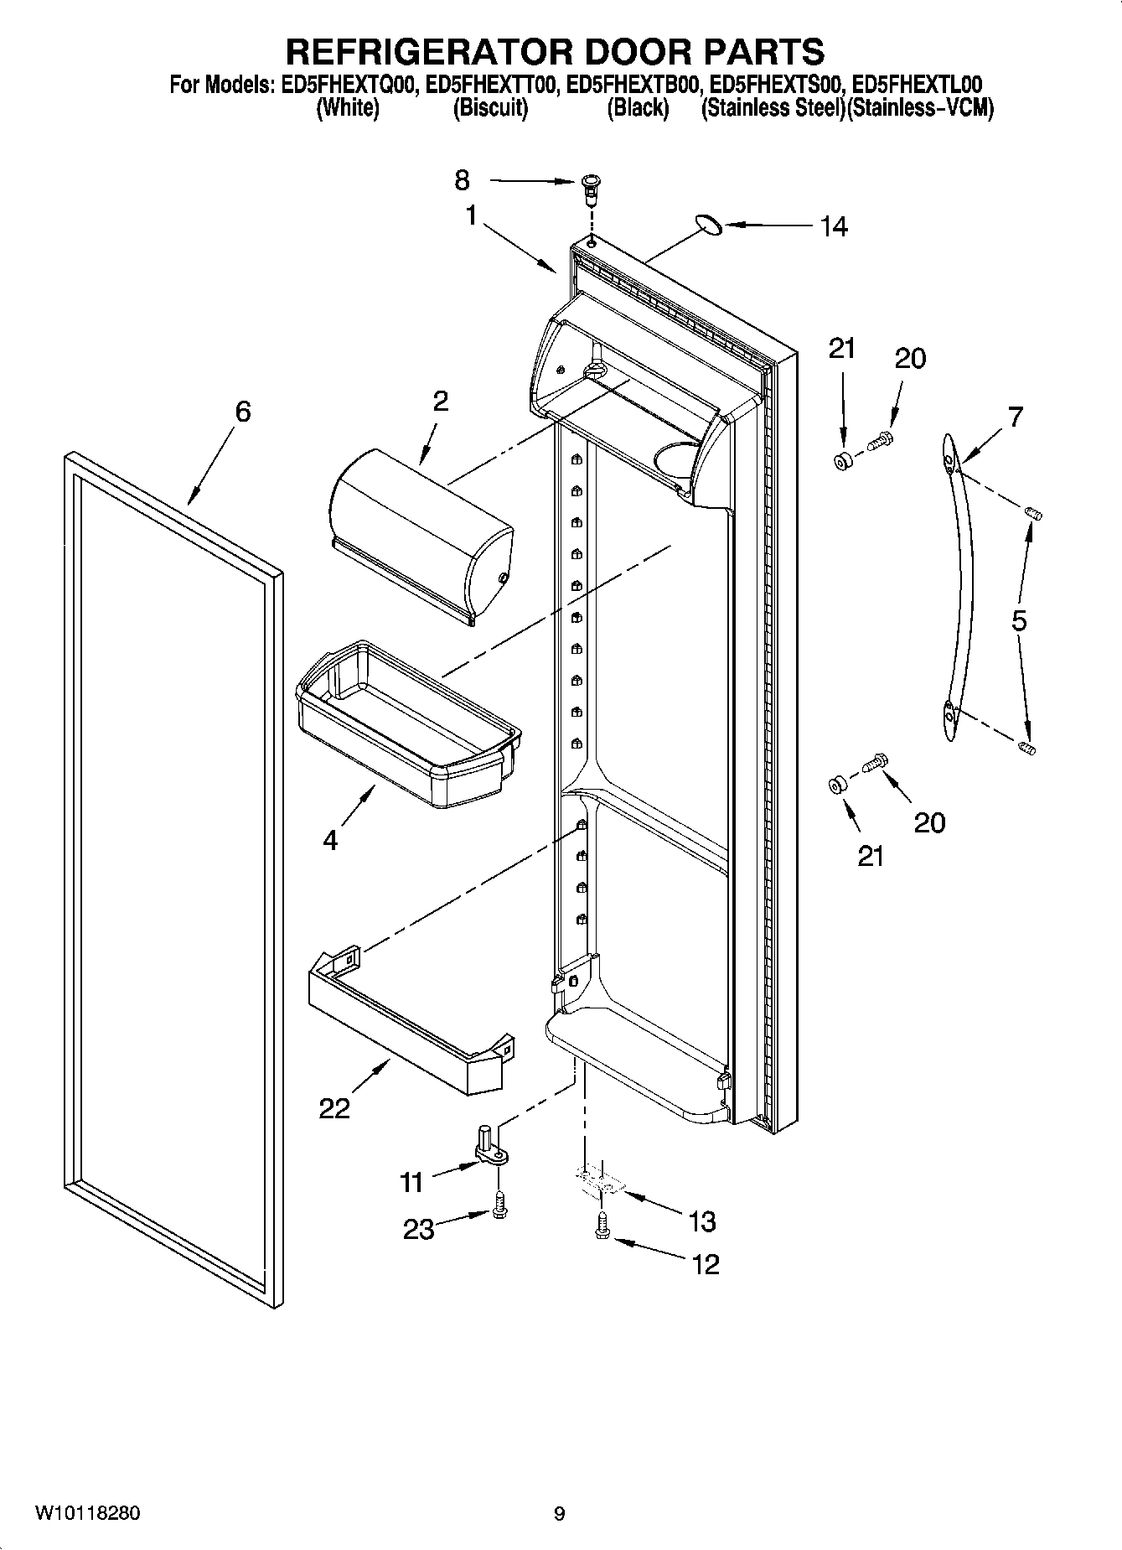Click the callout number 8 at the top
pyautogui.click(x=463, y=180)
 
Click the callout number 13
pyautogui.click(x=701, y=1221)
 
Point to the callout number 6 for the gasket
pyautogui.click(x=241, y=412)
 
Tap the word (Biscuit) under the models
pyautogui.click(x=490, y=108)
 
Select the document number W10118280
pyautogui.click(x=87, y=1513)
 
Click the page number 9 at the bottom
pyautogui.click(x=559, y=1513)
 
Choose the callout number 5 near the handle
pyautogui.click(x=1019, y=620)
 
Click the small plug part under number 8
pyautogui.click(x=592, y=189)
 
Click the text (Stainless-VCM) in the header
pyautogui.click(x=920, y=108)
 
